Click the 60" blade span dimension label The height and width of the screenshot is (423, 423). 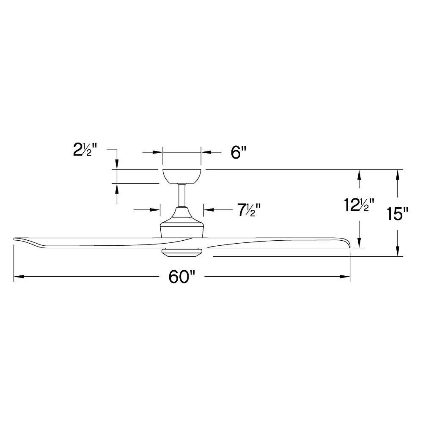tap(181, 277)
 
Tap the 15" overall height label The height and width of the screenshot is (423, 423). tap(396, 214)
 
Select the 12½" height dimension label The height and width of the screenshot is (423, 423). tap(359, 205)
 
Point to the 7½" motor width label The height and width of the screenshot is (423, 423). tap(249, 210)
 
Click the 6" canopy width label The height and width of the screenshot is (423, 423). tap(239, 152)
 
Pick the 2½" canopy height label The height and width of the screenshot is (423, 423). tap(85, 150)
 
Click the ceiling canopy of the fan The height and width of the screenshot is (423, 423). tap(182, 176)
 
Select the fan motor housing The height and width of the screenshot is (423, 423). tap(182, 224)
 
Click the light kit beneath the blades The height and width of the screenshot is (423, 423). tap(181, 253)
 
